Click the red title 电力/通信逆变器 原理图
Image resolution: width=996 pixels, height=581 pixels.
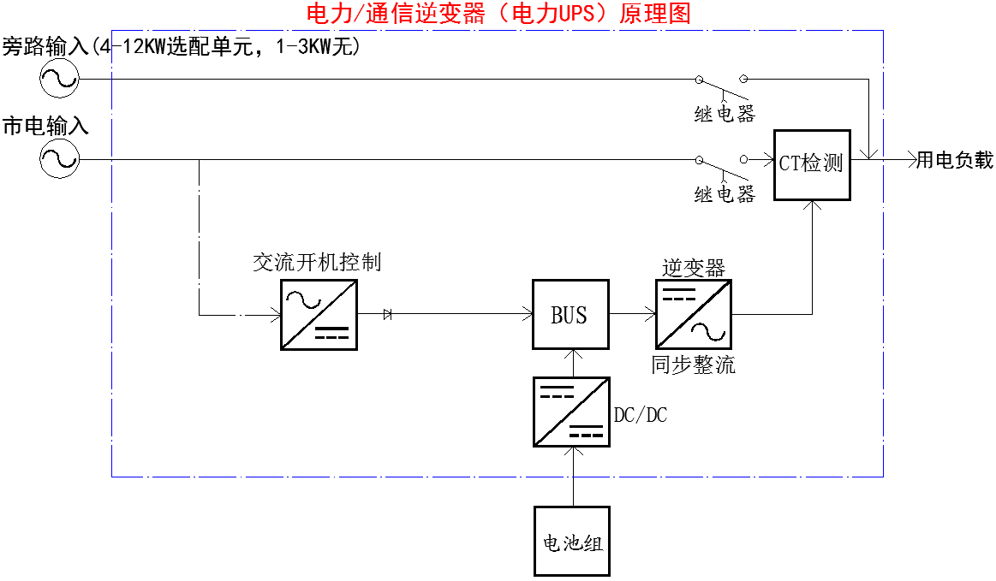(x=498, y=14)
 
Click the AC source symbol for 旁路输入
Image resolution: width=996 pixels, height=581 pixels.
(x=59, y=80)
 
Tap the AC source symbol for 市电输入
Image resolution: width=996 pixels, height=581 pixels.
(x=59, y=159)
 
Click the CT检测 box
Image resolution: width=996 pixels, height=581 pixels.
(x=812, y=165)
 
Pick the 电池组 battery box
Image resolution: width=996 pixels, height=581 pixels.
(x=571, y=541)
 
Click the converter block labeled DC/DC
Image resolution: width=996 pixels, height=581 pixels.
(x=571, y=411)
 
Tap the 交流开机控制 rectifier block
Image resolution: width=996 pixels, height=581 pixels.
(x=319, y=314)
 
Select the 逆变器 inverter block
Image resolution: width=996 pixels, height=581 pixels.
(x=694, y=314)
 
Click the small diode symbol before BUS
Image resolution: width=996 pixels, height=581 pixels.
(x=388, y=314)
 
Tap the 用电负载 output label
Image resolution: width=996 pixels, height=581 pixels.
(x=955, y=160)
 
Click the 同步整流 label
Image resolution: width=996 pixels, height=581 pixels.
(x=693, y=366)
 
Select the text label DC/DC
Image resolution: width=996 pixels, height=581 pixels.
(x=641, y=416)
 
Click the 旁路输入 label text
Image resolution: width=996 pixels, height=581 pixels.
(x=45, y=46)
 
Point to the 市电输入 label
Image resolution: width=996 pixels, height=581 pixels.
(x=45, y=127)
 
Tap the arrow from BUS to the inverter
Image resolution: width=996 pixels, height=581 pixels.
(x=634, y=314)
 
